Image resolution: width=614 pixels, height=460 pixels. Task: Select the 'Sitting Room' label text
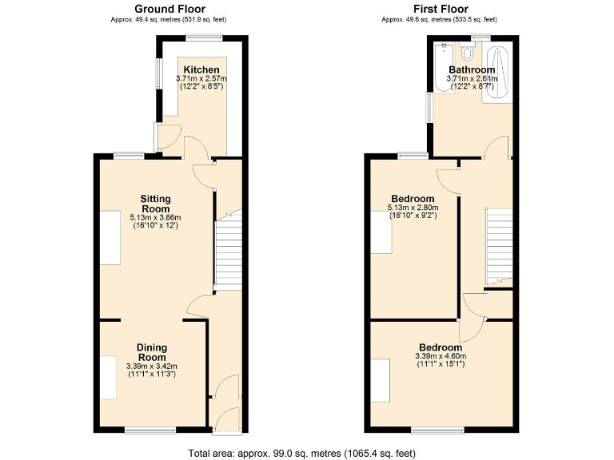[x=156, y=203]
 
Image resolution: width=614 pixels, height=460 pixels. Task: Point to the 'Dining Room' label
[x=152, y=351]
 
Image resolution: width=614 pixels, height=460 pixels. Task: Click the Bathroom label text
[x=471, y=70]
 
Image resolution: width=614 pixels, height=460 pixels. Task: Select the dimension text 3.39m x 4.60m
[x=440, y=356]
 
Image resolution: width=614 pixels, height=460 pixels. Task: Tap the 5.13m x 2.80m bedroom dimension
[x=413, y=208]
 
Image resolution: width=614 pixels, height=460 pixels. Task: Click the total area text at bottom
[x=301, y=453]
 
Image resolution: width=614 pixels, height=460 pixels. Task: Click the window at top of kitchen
[x=205, y=38]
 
